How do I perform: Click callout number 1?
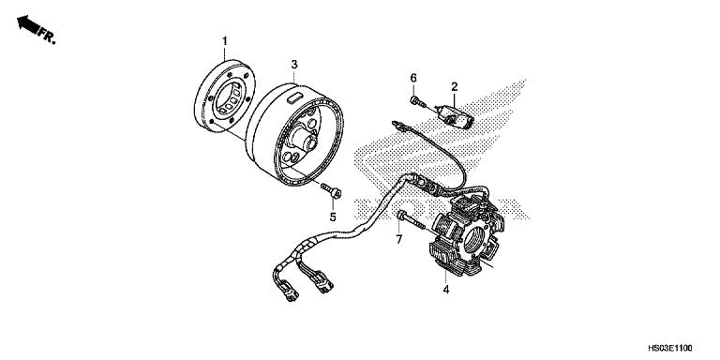[x=224, y=40]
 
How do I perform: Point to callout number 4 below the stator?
[x=445, y=291]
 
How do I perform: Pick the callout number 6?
[x=412, y=76]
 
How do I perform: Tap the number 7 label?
[x=397, y=241]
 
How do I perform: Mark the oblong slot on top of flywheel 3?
[x=292, y=97]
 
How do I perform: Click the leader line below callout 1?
[x=225, y=55]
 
